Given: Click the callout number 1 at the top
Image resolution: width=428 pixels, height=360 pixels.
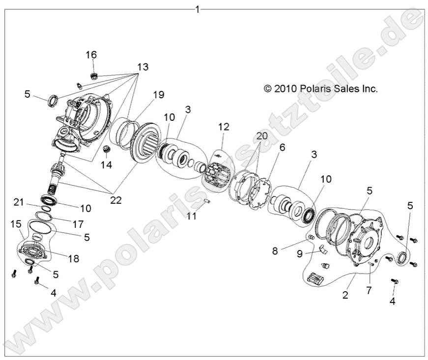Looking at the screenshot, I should [x=198, y=9].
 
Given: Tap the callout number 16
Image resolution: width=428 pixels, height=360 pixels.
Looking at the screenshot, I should [x=92, y=55].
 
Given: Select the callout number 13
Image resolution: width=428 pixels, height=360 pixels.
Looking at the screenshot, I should [x=143, y=66].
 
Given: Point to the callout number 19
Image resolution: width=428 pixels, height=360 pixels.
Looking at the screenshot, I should [x=158, y=95].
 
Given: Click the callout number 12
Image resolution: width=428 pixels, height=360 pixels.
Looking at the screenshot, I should [x=224, y=127].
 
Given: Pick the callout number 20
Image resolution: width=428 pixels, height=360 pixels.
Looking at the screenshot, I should [x=262, y=136].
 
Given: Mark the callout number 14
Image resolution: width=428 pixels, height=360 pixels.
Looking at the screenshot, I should [x=106, y=165].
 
